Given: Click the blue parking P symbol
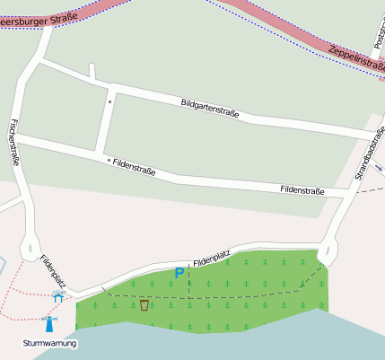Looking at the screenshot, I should tap(179, 272).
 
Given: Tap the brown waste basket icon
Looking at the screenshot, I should tap(144, 305).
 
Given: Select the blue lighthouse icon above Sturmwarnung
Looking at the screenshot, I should tap(49, 324).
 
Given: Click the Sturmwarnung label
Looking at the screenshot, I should tap(50, 343).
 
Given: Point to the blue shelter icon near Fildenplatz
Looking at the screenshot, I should tap(58, 295).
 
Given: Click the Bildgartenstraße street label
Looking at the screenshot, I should tap(209, 109).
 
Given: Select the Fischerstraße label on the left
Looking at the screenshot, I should tap(14, 144).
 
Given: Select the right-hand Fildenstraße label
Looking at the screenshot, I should tap(302, 190).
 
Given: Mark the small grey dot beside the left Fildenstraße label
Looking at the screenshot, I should tap(109, 161).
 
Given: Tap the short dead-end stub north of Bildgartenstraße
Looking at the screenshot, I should tap(92, 72).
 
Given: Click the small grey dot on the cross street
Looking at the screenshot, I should tap(110, 101).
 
